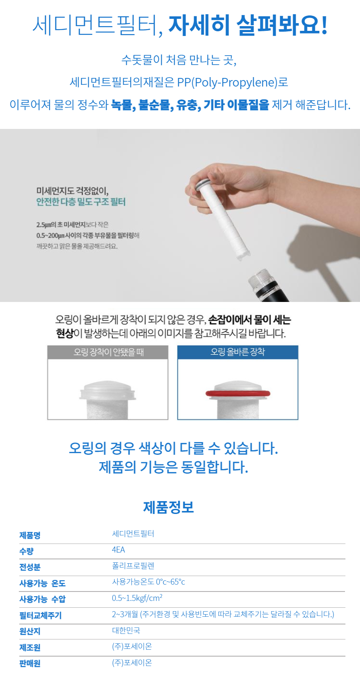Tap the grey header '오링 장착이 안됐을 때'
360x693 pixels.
[x=108, y=352]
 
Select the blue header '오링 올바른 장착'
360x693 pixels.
[x=238, y=352]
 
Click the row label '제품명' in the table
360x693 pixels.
[x=30, y=535]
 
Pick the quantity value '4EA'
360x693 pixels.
[x=118, y=550]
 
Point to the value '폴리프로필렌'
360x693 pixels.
[x=133, y=566]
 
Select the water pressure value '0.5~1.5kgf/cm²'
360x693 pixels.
[x=137, y=598]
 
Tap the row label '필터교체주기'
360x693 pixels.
[x=41, y=615]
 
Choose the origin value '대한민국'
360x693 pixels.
[x=126, y=630]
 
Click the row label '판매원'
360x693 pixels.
[x=30, y=663]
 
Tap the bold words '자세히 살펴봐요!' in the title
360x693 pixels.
[x=248, y=25]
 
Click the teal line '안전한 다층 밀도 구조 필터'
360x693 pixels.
[x=81, y=202]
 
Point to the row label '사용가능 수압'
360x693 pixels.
[x=42, y=599]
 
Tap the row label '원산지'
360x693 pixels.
[x=30, y=631]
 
